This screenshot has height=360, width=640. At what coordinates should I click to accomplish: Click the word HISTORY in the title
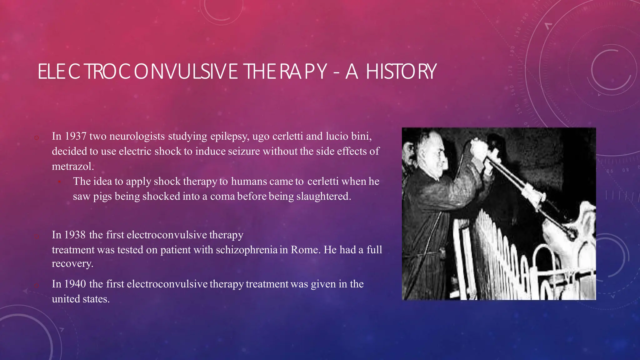(401, 72)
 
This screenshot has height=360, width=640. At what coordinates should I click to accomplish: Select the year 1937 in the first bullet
(75, 136)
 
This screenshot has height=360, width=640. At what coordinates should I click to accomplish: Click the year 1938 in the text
(75, 235)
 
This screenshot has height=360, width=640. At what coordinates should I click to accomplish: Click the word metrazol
(72, 166)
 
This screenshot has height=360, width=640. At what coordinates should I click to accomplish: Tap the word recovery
(72, 263)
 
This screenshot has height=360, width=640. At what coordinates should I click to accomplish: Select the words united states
(81, 299)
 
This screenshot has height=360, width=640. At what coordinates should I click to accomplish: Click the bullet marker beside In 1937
(37, 137)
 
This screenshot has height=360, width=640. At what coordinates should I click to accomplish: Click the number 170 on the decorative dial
(510, 71)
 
